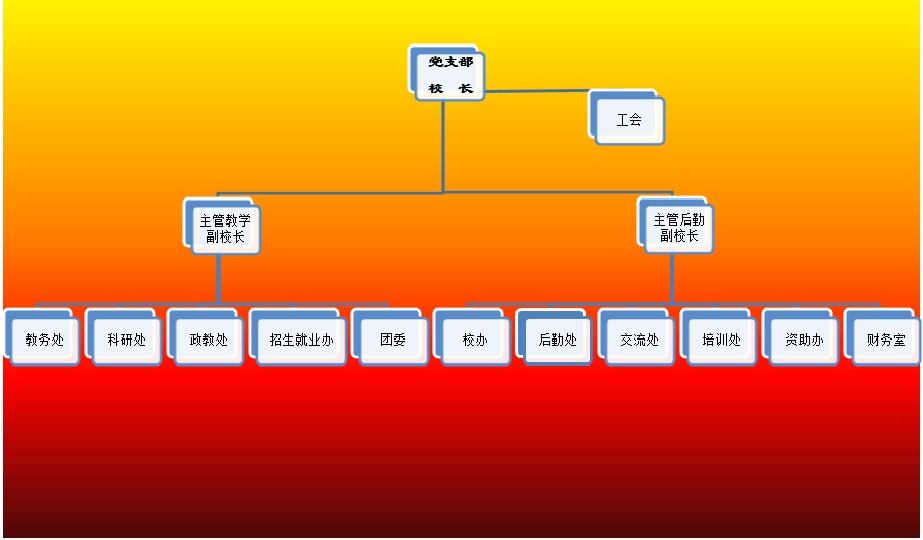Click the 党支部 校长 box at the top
pyautogui.click(x=449, y=75)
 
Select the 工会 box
pyautogui.click(x=629, y=120)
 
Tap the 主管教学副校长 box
pyautogui.click(x=225, y=229)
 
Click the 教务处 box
pyautogui.click(x=45, y=340)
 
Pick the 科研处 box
pyautogui.click(x=127, y=340)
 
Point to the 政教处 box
pyautogui.click(x=209, y=340)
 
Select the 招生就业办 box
pyautogui.click(x=301, y=340)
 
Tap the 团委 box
pyautogui.click(x=393, y=340)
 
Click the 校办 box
pyautogui.click(x=475, y=340)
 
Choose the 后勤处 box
pyautogui.click(x=557, y=340)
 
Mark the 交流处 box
pyautogui.click(x=639, y=340)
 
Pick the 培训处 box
pyautogui.click(x=721, y=340)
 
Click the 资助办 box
pyautogui.click(x=803, y=340)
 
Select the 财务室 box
pyautogui.click(x=885, y=340)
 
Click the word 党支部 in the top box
pyautogui.click(x=450, y=62)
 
